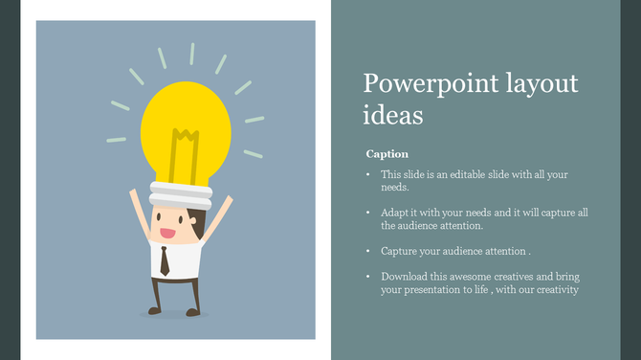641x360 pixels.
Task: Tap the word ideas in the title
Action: click(392, 115)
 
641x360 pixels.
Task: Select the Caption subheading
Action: click(387, 153)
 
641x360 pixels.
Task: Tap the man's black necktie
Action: click(166, 261)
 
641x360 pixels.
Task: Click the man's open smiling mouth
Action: click(166, 233)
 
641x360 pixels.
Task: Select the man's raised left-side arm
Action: click(138, 214)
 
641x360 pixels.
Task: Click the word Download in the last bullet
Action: click(405, 277)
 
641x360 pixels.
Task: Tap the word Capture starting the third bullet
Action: click(399, 251)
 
